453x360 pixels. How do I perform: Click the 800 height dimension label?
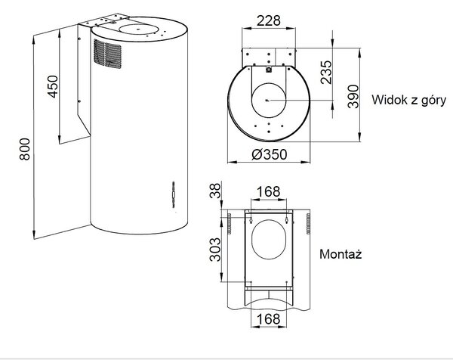(x=25, y=149)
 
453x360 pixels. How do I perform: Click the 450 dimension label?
(x=53, y=86)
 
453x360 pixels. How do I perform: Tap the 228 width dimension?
(x=269, y=20)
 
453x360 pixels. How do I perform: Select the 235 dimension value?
(x=326, y=73)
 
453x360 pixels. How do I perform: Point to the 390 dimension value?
(x=353, y=97)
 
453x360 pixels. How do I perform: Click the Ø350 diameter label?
(x=270, y=154)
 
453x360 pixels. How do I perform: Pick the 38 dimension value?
(x=214, y=191)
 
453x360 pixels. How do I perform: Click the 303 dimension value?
(x=214, y=250)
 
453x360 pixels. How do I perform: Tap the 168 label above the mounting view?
(x=269, y=191)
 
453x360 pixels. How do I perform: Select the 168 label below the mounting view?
(x=269, y=319)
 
